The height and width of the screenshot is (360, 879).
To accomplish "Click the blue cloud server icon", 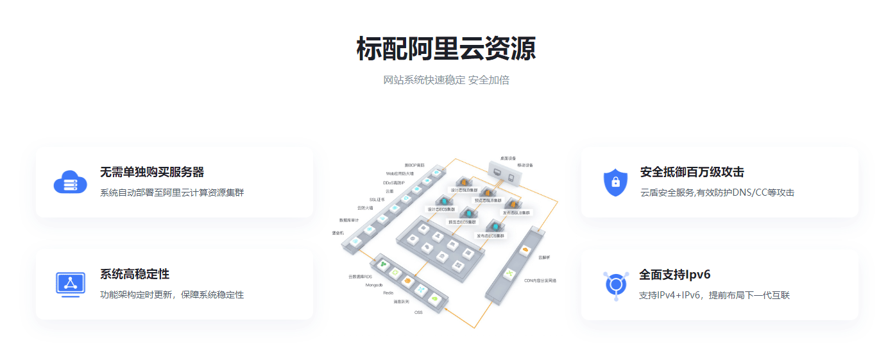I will coord(70,182).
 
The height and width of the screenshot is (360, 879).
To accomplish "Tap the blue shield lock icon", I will coord(615,182).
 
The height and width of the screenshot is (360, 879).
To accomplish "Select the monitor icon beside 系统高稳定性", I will coord(71,284).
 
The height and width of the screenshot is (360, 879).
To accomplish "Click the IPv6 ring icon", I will coord(617,285).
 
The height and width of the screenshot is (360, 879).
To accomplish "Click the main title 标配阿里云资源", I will coord(446,49).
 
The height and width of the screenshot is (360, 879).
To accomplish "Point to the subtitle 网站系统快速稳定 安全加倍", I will coord(446,80).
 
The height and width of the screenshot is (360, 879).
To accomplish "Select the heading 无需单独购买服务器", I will coord(152,172).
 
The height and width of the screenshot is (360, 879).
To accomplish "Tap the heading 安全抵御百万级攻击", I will coord(692,172).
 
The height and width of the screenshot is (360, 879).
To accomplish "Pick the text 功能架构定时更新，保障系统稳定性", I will coord(172,295).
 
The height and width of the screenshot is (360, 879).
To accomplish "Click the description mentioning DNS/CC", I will coord(717,193).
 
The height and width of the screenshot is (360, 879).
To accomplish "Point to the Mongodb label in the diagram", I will coord(374,284).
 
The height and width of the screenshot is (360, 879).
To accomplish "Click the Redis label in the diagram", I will coord(388,293).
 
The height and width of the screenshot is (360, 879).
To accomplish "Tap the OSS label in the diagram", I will coord(418,313).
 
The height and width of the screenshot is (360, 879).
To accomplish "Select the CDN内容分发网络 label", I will coord(540,280).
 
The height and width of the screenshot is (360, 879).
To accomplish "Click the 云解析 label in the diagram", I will coord(544,257).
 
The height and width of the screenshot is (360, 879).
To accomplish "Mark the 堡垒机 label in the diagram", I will coord(338,233).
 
